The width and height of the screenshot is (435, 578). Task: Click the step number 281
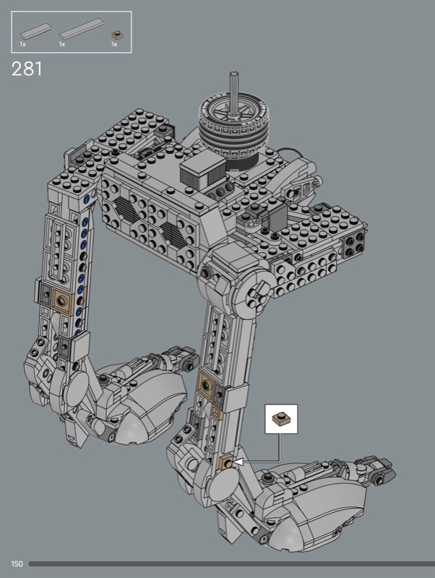click(x=27, y=69)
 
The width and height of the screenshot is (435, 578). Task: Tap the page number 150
click(x=17, y=564)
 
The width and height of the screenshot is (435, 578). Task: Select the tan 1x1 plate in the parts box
click(x=117, y=35)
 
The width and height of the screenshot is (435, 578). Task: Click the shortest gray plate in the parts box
click(x=35, y=31)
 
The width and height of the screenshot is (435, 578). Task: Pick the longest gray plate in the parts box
click(x=82, y=29)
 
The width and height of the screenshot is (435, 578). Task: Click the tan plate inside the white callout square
click(x=281, y=419)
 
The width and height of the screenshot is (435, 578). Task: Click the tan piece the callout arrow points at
click(x=226, y=462)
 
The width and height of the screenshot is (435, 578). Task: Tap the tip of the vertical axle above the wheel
click(x=233, y=74)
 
